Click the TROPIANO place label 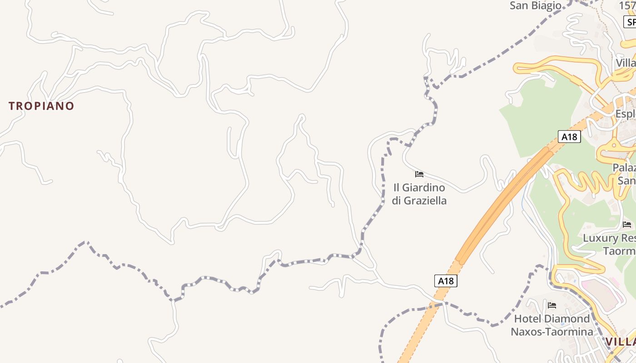(41, 106)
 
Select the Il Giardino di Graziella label (419, 194)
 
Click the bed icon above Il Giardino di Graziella (419, 174)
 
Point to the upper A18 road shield (569, 137)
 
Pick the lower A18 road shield (446, 281)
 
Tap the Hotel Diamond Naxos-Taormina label (552, 325)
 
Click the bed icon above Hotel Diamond (552, 305)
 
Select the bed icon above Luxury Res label (627, 224)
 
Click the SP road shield (631, 22)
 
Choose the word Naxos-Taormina (552, 332)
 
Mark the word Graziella (425, 201)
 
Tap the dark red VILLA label (621, 342)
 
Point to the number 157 (628, 5)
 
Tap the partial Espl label (626, 113)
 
